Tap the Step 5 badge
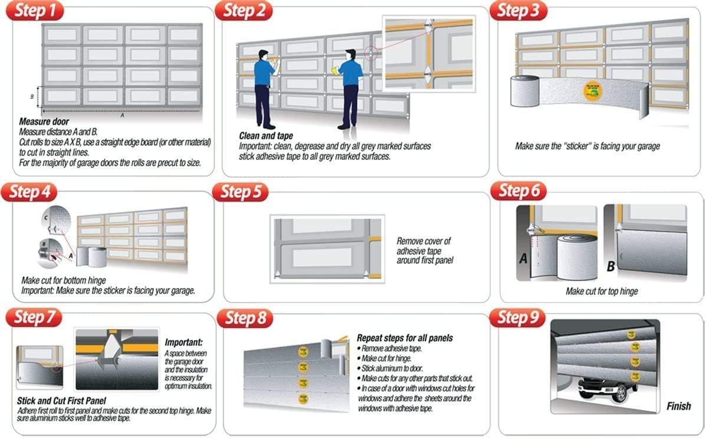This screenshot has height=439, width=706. click(x=240, y=193)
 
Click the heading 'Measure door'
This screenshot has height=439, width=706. click(x=44, y=123)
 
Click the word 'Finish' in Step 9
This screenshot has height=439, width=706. click(x=678, y=407)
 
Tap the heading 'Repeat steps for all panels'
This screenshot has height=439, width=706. click(x=405, y=338)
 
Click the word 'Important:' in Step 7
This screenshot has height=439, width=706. click(x=184, y=342)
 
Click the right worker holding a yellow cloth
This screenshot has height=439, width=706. click(x=349, y=88)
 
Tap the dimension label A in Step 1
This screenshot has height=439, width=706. click(x=122, y=115)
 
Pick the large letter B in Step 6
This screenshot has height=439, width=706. click(x=611, y=267)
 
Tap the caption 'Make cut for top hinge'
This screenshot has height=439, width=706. click(x=602, y=291)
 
